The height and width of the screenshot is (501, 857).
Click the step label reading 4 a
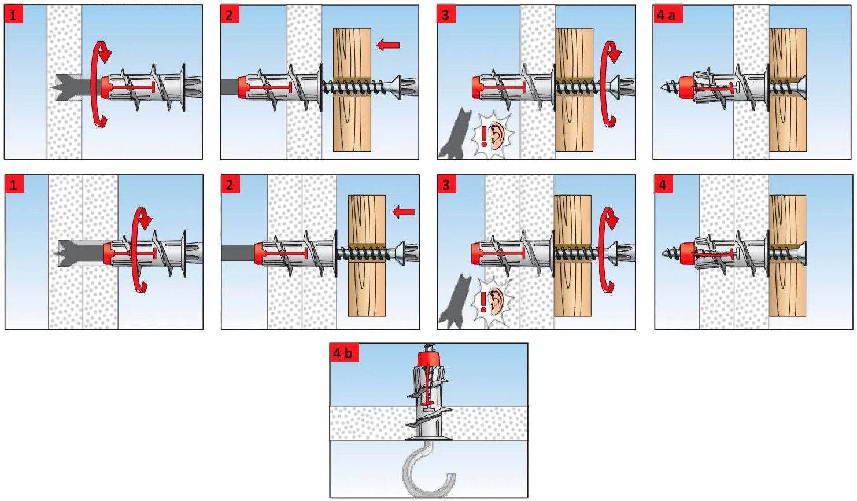(667, 14)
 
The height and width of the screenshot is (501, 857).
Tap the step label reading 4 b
(343, 352)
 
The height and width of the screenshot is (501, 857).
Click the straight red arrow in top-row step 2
(388, 45)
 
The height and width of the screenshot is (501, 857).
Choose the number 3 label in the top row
(446, 14)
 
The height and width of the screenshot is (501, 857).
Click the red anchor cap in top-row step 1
(108, 86)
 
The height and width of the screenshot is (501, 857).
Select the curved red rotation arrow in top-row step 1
(102, 84)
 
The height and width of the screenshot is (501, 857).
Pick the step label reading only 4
(663, 185)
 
